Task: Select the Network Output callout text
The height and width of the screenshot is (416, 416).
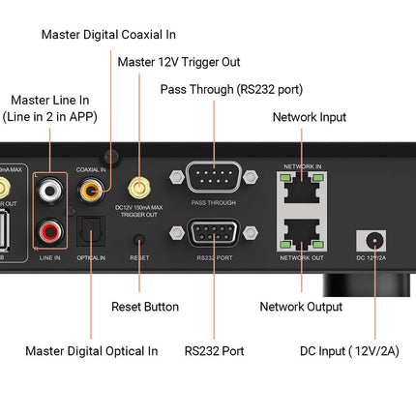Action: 301,306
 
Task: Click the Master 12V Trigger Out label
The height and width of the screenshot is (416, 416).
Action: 178,62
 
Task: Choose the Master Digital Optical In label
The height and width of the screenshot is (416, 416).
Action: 91,350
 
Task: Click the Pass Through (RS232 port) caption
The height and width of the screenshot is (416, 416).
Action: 231,89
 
